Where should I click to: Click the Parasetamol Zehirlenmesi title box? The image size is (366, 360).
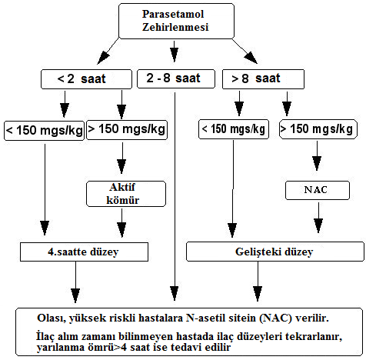coord(176,21)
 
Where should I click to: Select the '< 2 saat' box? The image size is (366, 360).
coord(86,79)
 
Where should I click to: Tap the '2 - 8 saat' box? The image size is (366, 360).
coord(176,78)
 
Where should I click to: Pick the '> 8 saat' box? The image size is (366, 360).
coord(263,79)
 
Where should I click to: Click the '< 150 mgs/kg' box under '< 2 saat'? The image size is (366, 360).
coord(44,131)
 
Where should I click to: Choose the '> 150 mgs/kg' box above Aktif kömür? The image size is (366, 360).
coord(127,130)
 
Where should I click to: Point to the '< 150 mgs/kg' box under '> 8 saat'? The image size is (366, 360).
coord(234,129)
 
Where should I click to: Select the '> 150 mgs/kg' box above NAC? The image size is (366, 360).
coord(318,129)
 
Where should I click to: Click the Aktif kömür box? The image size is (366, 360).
coord(126,194)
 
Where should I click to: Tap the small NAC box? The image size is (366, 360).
coord(318,190)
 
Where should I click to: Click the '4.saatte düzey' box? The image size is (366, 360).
coord(84,252)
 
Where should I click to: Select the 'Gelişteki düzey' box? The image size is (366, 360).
coord(275,252)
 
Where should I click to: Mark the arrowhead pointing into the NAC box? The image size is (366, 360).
coord(317,163)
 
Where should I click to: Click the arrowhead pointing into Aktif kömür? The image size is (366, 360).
coord(121,166)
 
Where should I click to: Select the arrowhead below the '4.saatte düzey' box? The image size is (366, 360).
coord(75,295)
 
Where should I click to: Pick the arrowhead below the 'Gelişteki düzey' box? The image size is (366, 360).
coord(258,294)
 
